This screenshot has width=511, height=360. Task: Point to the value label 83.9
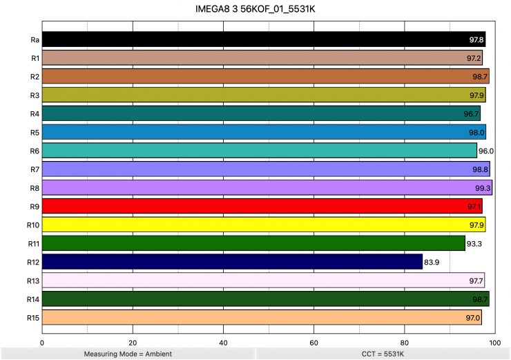click(x=432, y=263)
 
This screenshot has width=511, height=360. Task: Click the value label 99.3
click(x=483, y=188)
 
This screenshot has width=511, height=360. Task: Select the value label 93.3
click(x=474, y=244)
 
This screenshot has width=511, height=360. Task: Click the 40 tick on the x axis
click(x=223, y=341)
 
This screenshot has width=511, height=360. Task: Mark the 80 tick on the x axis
click(x=404, y=341)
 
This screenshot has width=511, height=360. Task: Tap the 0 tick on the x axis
click(x=43, y=341)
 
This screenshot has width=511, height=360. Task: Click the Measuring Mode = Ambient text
click(x=128, y=353)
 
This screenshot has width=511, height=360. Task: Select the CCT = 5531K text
click(x=383, y=353)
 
